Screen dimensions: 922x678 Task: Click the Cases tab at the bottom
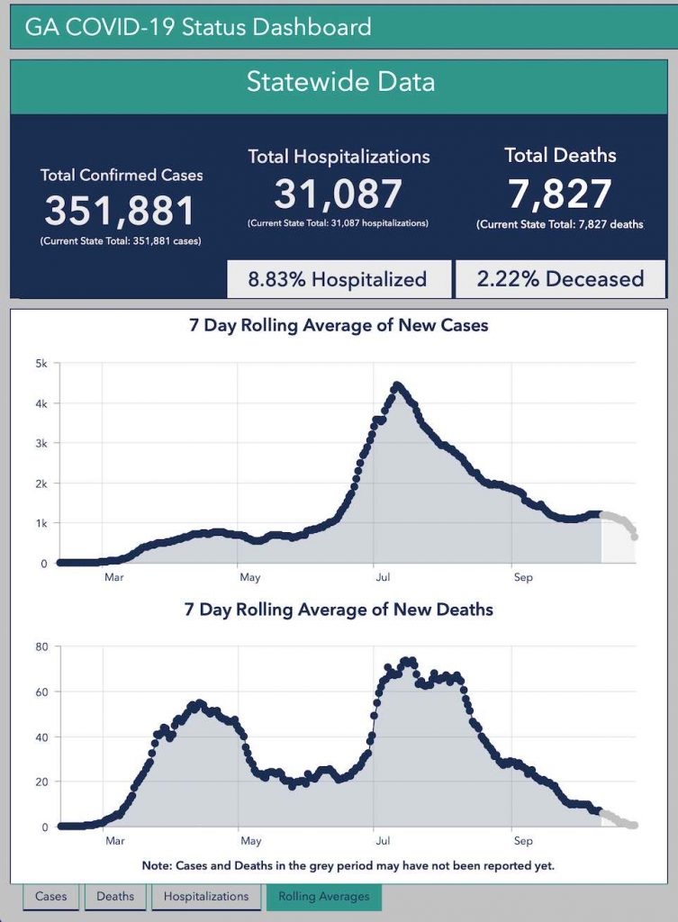click(x=50, y=896)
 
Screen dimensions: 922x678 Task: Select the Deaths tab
click(x=115, y=896)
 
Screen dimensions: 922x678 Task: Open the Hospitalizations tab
click(x=207, y=896)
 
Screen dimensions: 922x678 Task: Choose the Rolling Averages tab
click(x=324, y=896)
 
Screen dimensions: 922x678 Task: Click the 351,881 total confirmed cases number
click(x=121, y=211)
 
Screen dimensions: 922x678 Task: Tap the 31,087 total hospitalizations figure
click(x=339, y=194)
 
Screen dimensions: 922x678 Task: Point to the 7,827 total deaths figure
click(x=560, y=194)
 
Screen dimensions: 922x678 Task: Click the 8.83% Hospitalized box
click(x=339, y=279)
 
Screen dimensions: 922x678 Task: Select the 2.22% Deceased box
click(x=560, y=279)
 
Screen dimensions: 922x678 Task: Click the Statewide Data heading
click(x=340, y=82)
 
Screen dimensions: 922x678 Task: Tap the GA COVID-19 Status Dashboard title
click(x=198, y=27)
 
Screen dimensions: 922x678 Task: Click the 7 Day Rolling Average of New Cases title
click(x=339, y=326)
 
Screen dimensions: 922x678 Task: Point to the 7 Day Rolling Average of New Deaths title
click(x=339, y=610)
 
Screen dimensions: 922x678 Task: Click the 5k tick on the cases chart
click(x=41, y=364)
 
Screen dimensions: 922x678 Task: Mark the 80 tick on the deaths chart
click(x=41, y=646)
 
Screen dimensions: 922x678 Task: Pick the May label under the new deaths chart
click(x=250, y=841)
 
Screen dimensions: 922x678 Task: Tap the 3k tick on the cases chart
click(x=41, y=444)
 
